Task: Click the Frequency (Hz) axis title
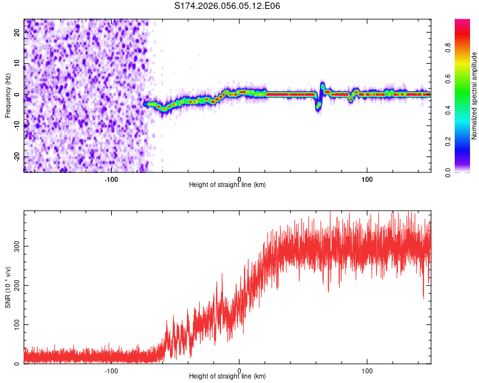click(x=8, y=95)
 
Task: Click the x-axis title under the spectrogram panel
click(x=227, y=184)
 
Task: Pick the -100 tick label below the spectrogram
click(x=111, y=178)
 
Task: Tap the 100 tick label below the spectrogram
click(x=367, y=178)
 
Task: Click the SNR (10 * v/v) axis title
click(x=8, y=287)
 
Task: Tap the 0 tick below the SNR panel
click(x=240, y=370)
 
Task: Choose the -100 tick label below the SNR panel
click(x=111, y=370)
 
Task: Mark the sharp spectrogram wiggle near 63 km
click(x=321, y=94)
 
